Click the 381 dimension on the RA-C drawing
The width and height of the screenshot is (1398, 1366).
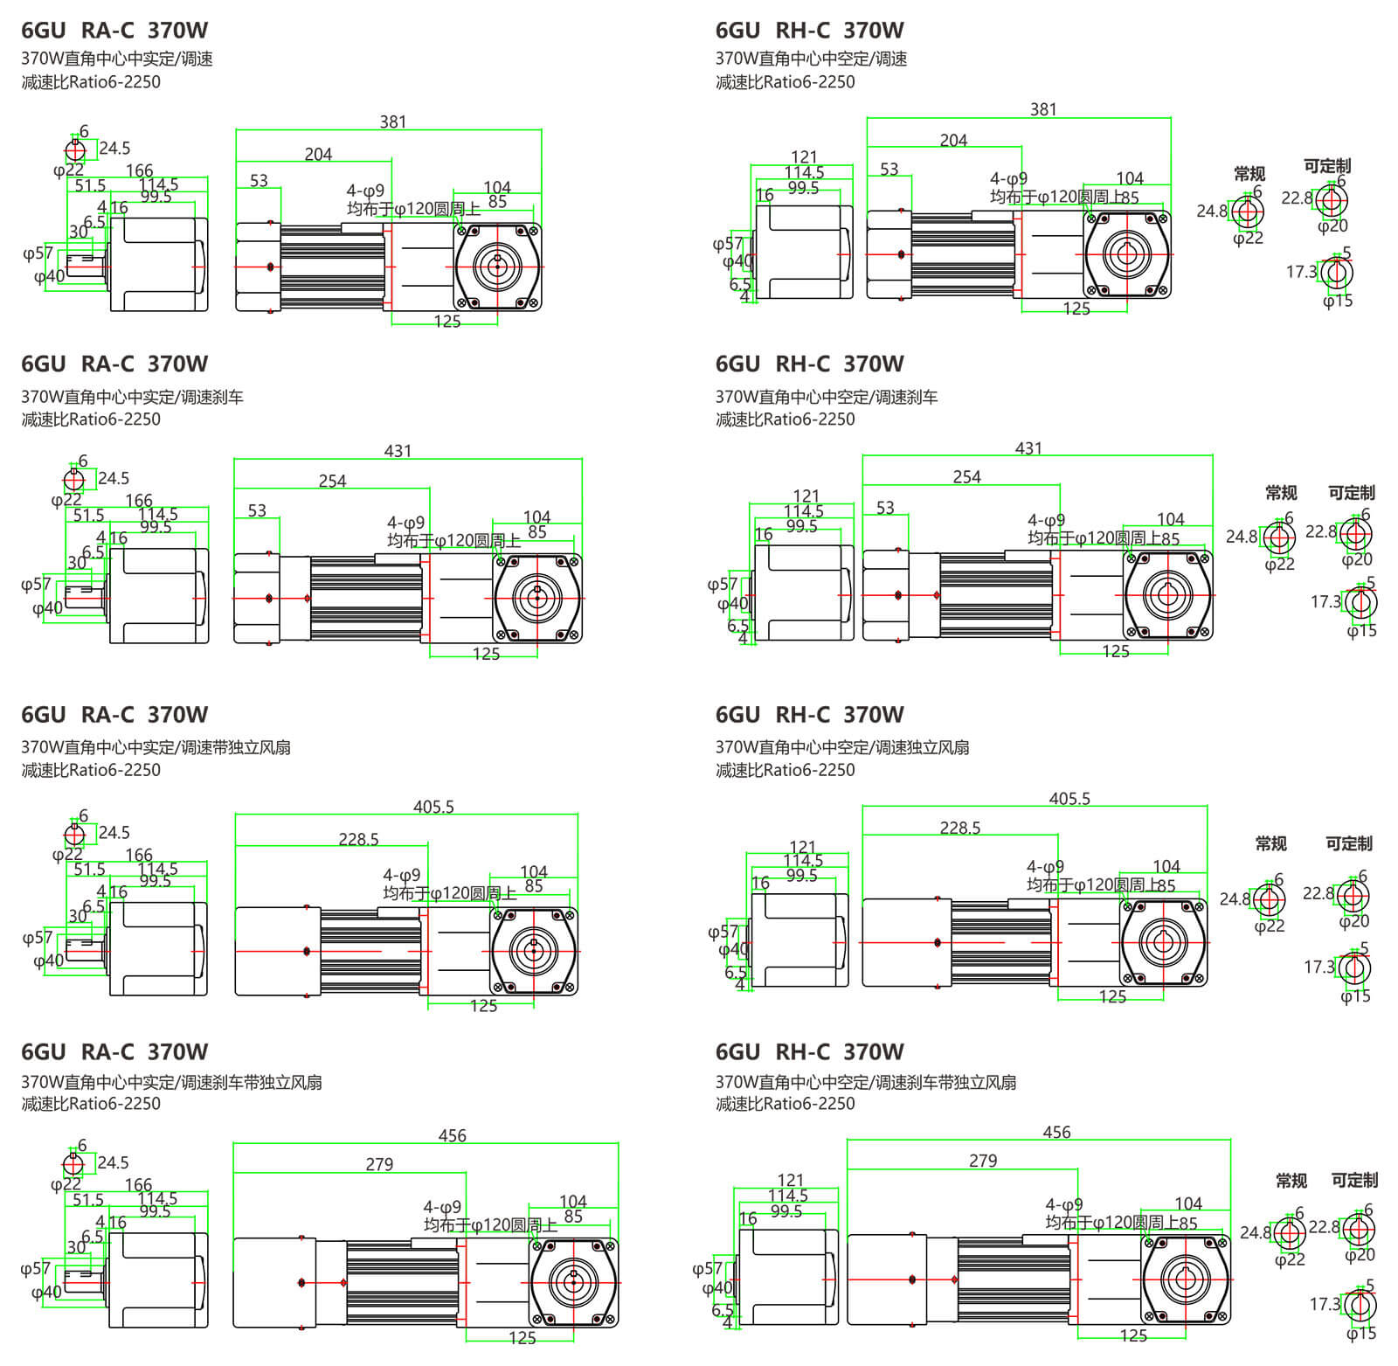click(x=393, y=122)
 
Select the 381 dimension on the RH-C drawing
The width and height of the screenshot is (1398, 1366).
click(x=1043, y=110)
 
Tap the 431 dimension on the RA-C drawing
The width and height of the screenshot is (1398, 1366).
click(x=398, y=451)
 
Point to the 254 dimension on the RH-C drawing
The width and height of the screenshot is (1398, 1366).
click(x=966, y=477)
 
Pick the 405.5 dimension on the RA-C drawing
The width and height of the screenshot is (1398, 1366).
click(x=433, y=807)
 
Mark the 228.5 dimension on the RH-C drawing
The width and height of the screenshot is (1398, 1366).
click(x=960, y=828)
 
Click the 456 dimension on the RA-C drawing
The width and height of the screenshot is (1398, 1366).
click(x=452, y=1136)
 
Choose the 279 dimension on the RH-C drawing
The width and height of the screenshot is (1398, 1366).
click(x=983, y=1161)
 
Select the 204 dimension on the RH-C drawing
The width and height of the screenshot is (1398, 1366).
click(x=953, y=141)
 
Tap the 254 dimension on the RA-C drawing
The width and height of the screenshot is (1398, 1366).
click(x=332, y=482)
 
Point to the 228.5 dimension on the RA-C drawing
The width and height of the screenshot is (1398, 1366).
click(x=358, y=840)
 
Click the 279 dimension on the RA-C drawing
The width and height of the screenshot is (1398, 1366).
click(x=379, y=1165)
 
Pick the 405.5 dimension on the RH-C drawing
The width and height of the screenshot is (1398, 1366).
click(x=1069, y=799)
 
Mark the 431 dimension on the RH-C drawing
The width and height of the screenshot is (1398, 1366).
click(x=1028, y=448)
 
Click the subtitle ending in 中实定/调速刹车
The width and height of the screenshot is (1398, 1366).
click(x=132, y=397)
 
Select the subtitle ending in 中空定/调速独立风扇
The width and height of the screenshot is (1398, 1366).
click(x=842, y=747)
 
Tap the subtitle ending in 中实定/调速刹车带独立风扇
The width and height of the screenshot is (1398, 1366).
click(x=171, y=1082)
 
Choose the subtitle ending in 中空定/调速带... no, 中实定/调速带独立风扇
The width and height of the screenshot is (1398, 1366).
click(x=156, y=747)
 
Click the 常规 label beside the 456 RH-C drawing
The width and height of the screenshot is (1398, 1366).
click(x=1291, y=1181)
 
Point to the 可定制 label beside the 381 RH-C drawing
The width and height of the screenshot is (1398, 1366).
click(x=1326, y=166)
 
